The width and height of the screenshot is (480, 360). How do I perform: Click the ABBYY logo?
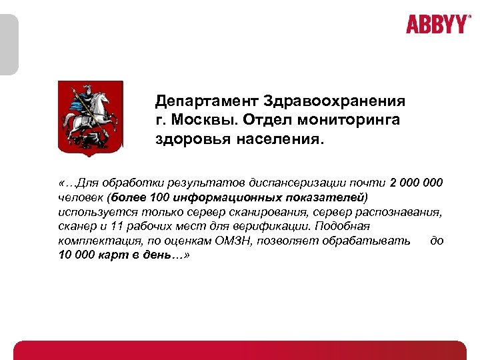pyautogui.click(x=438, y=24)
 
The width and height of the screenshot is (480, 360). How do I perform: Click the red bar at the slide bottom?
pyautogui.click(x=240, y=351)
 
